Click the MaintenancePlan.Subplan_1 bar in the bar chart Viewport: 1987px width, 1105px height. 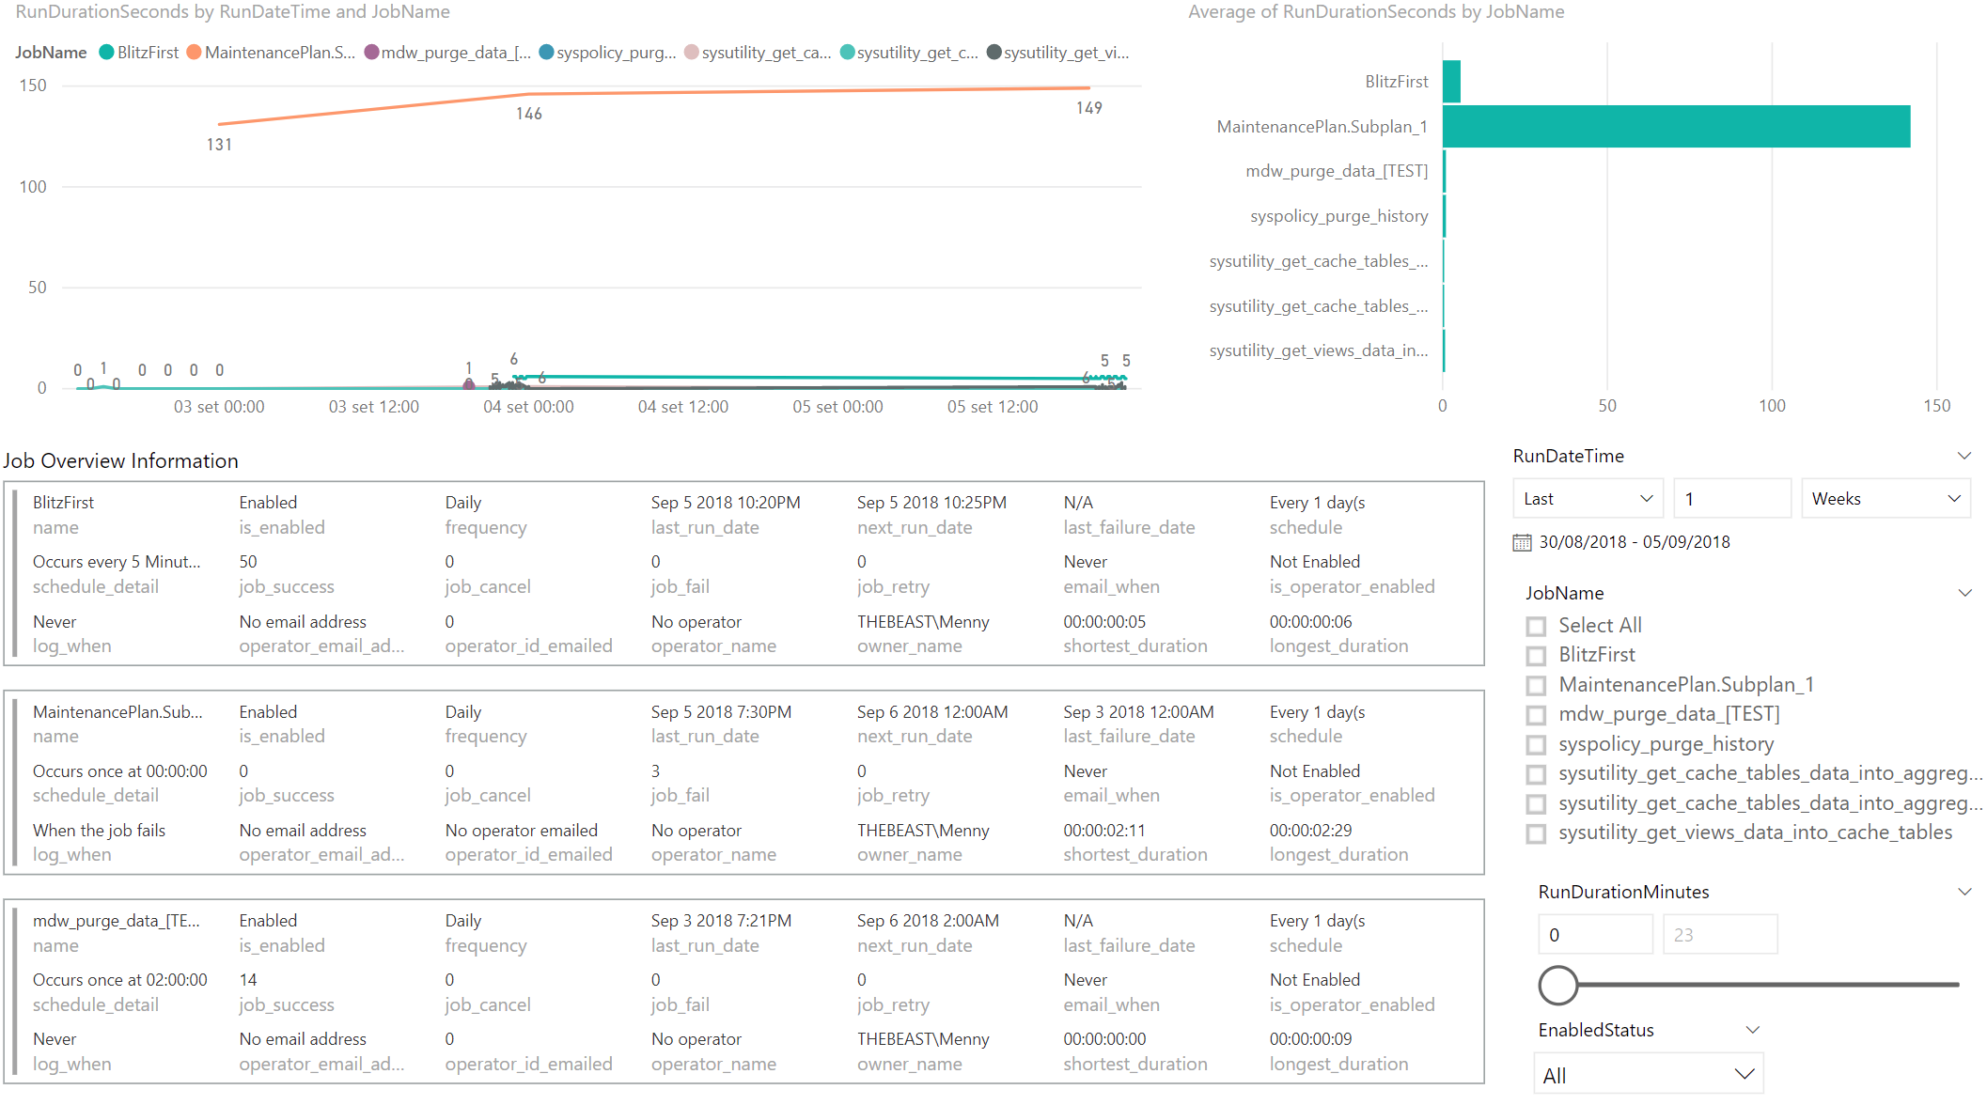[1675, 127]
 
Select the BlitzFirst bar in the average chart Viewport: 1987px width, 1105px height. [1451, 82]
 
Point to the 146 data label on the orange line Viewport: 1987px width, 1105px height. [529, 114]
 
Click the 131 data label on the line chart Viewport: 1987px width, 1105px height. [219, 145]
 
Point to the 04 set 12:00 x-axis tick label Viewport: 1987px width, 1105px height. [682, 407]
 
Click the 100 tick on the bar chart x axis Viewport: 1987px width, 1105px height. [1772, 406]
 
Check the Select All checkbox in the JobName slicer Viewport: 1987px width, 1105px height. [1536, 626]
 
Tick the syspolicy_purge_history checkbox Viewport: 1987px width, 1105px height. [1536, 745]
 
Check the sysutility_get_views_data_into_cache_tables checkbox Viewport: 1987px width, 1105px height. [1536, 833]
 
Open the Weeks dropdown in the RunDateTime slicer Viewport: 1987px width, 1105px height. [1885, 499]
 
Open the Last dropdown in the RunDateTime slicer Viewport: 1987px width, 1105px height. [1587, 499]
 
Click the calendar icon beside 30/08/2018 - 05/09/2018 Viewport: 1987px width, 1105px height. [1522, 542]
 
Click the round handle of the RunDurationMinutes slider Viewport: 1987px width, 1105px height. [1557, 985]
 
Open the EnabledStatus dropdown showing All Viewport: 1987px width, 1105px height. [1648, 1075]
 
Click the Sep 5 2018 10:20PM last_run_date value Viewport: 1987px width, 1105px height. [726, 503]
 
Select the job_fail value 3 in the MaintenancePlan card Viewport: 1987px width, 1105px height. [655, 771]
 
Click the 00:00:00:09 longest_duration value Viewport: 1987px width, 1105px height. [1310, 1039]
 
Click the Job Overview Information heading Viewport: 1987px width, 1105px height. [120, 460]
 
